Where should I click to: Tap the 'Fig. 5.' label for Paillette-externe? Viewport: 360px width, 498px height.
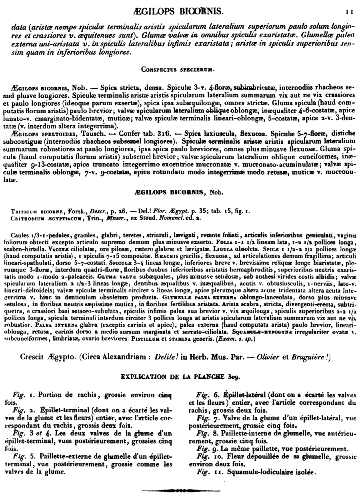click(x=23, y=456)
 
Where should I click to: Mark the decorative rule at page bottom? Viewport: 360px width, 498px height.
click(x=180, y=490)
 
